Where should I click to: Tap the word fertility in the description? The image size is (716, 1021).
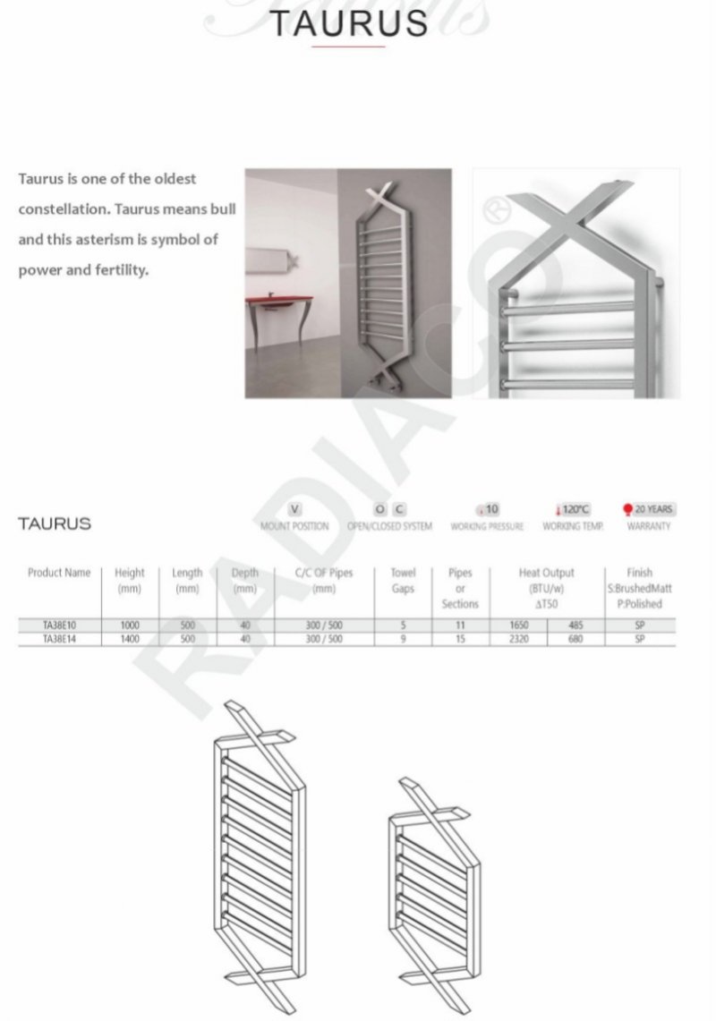115,270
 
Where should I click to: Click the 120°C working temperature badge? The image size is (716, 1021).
573,510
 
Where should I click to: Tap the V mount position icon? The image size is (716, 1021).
284,510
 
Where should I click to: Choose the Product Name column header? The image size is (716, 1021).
59,573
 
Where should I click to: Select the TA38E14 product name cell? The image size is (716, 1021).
59,640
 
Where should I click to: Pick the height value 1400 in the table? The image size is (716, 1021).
130,640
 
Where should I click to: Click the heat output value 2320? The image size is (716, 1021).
519,640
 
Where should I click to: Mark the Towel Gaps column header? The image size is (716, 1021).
403,581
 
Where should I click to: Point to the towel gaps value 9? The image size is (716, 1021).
403,640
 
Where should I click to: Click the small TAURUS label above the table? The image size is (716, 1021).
55,523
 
